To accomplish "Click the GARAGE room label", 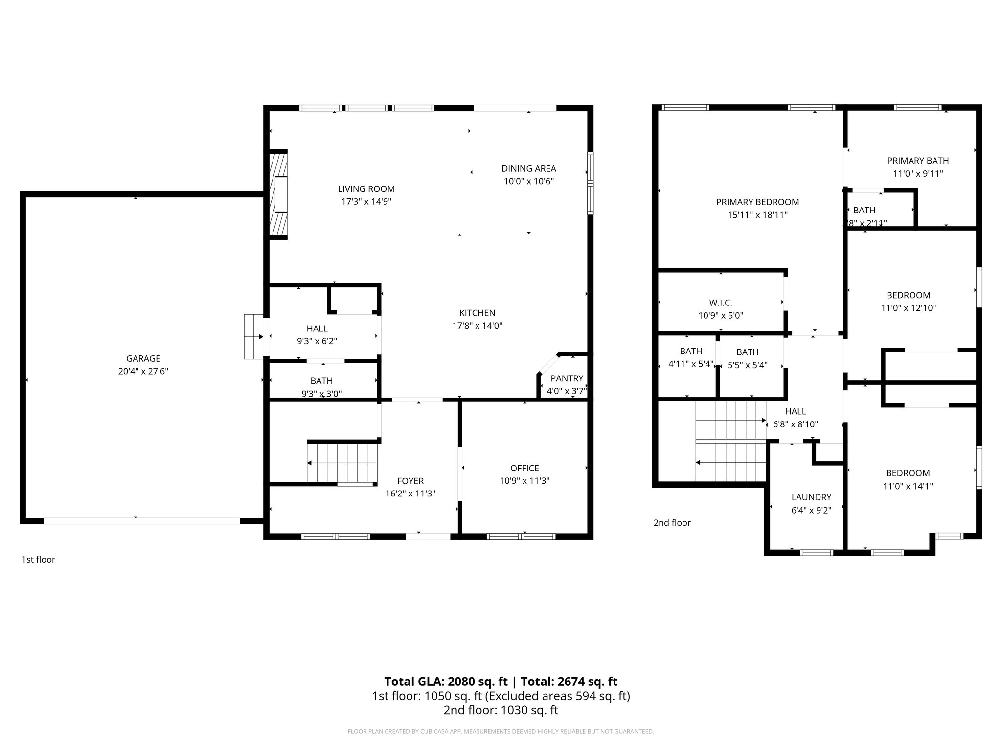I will point(143,358).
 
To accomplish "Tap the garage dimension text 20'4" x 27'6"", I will point(143,371).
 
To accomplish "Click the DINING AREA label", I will point(528,169).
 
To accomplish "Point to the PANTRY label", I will point(567,378).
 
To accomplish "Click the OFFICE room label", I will point(524,468).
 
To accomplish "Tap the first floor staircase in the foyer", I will point(342,462).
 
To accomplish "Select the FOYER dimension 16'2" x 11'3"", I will point(410,493).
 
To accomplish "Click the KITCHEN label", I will point(477,313).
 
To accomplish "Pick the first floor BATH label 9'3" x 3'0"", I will point(321,381).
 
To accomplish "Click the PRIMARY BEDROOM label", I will point(757,202).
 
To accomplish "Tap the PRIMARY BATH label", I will point(917,161).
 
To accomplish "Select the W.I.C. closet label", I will point(720,303).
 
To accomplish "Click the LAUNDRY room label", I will point(811,497).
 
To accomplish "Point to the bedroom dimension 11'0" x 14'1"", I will point(908,486).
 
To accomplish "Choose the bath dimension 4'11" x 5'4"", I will point(691,364).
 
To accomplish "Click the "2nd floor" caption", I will point(672,523).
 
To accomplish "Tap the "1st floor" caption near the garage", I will point(38,559).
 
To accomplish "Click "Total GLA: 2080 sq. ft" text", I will point(445,681).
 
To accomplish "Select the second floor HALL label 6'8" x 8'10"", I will point(795,411).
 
